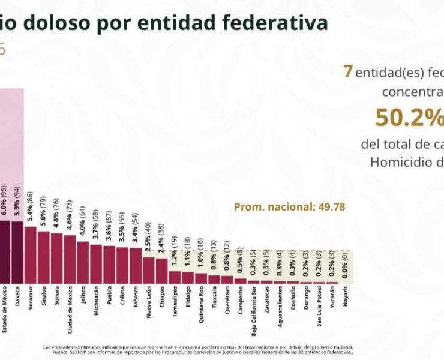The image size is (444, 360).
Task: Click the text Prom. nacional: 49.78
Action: click(x=289, y=208)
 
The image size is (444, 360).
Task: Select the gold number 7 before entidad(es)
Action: click(x=347, y=71)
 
